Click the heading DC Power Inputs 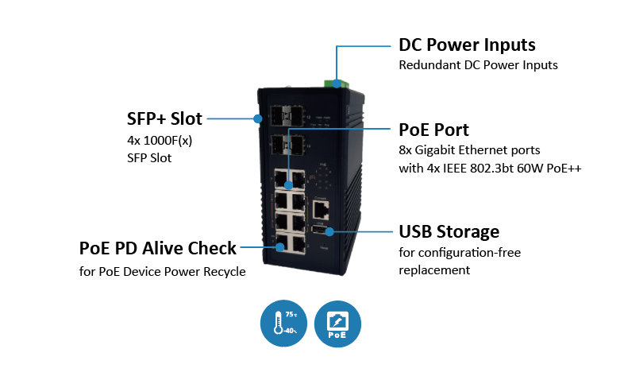click(467, 45)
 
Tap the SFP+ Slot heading click(164, 118)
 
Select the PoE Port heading click(433, 130)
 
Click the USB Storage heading click(449, 231)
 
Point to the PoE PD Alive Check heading click(158, 248)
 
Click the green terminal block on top click(337, 83)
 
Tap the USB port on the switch click(319, 230)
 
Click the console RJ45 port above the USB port click(321, 210)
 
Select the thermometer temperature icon click(283, 323)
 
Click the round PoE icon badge click(337, 323)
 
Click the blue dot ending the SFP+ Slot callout click(258, 118)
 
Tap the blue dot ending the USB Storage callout click(329, 231)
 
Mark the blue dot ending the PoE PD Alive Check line click(280, 247)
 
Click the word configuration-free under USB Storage click(470, 253)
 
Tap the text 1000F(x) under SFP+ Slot click(168, 141)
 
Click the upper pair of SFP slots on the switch click(287, 115)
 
